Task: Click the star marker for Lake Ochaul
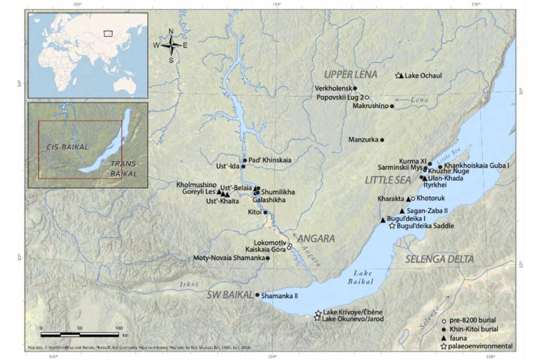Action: click(399, 76)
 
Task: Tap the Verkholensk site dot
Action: click(355, 89)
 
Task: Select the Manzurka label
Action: click(363, 140)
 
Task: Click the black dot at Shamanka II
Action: click(257, 295)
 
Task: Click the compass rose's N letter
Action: click(171, 31)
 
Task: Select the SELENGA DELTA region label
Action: click(439, 259)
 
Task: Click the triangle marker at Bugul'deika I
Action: click(383, 220)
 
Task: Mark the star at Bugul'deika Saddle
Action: click(392, 226)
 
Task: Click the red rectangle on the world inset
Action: click(108, 33)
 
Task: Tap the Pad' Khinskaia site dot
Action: click(245, 160)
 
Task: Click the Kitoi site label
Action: click(254, 212)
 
